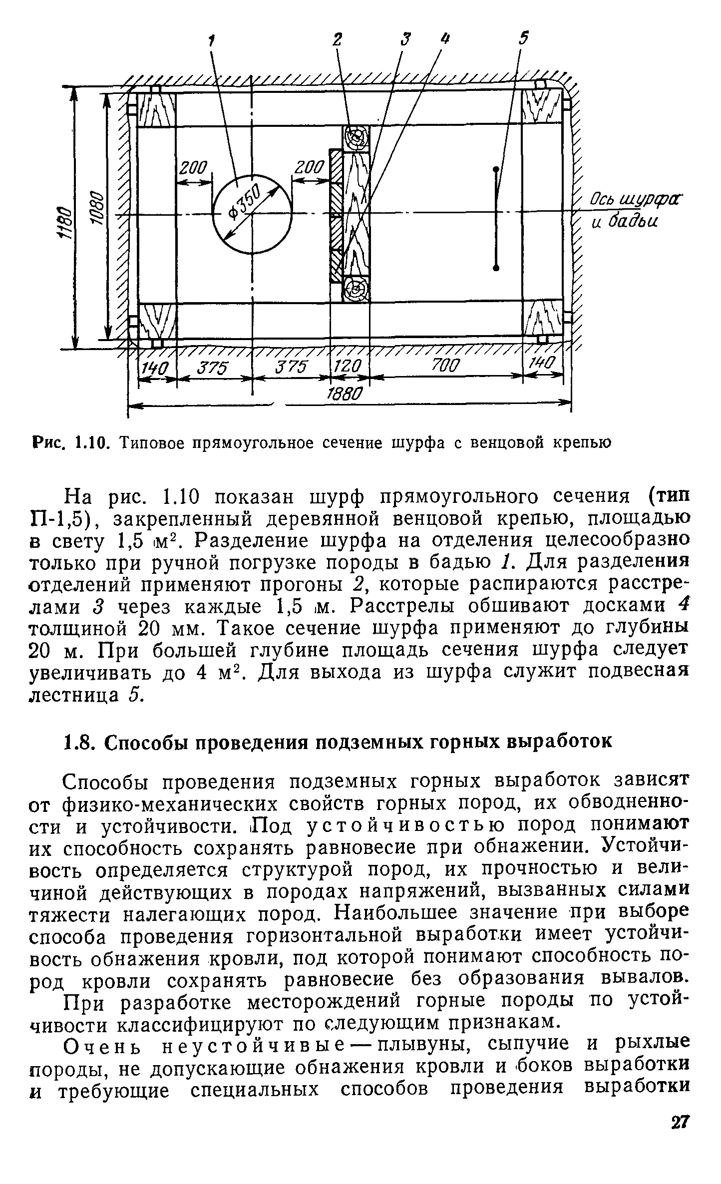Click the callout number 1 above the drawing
(x=212, y=40)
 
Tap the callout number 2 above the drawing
(x=338, y=39)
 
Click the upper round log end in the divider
(x=356, y=137)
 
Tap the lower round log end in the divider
(x=356, y=288)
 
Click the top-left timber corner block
(x=156, y=109)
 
